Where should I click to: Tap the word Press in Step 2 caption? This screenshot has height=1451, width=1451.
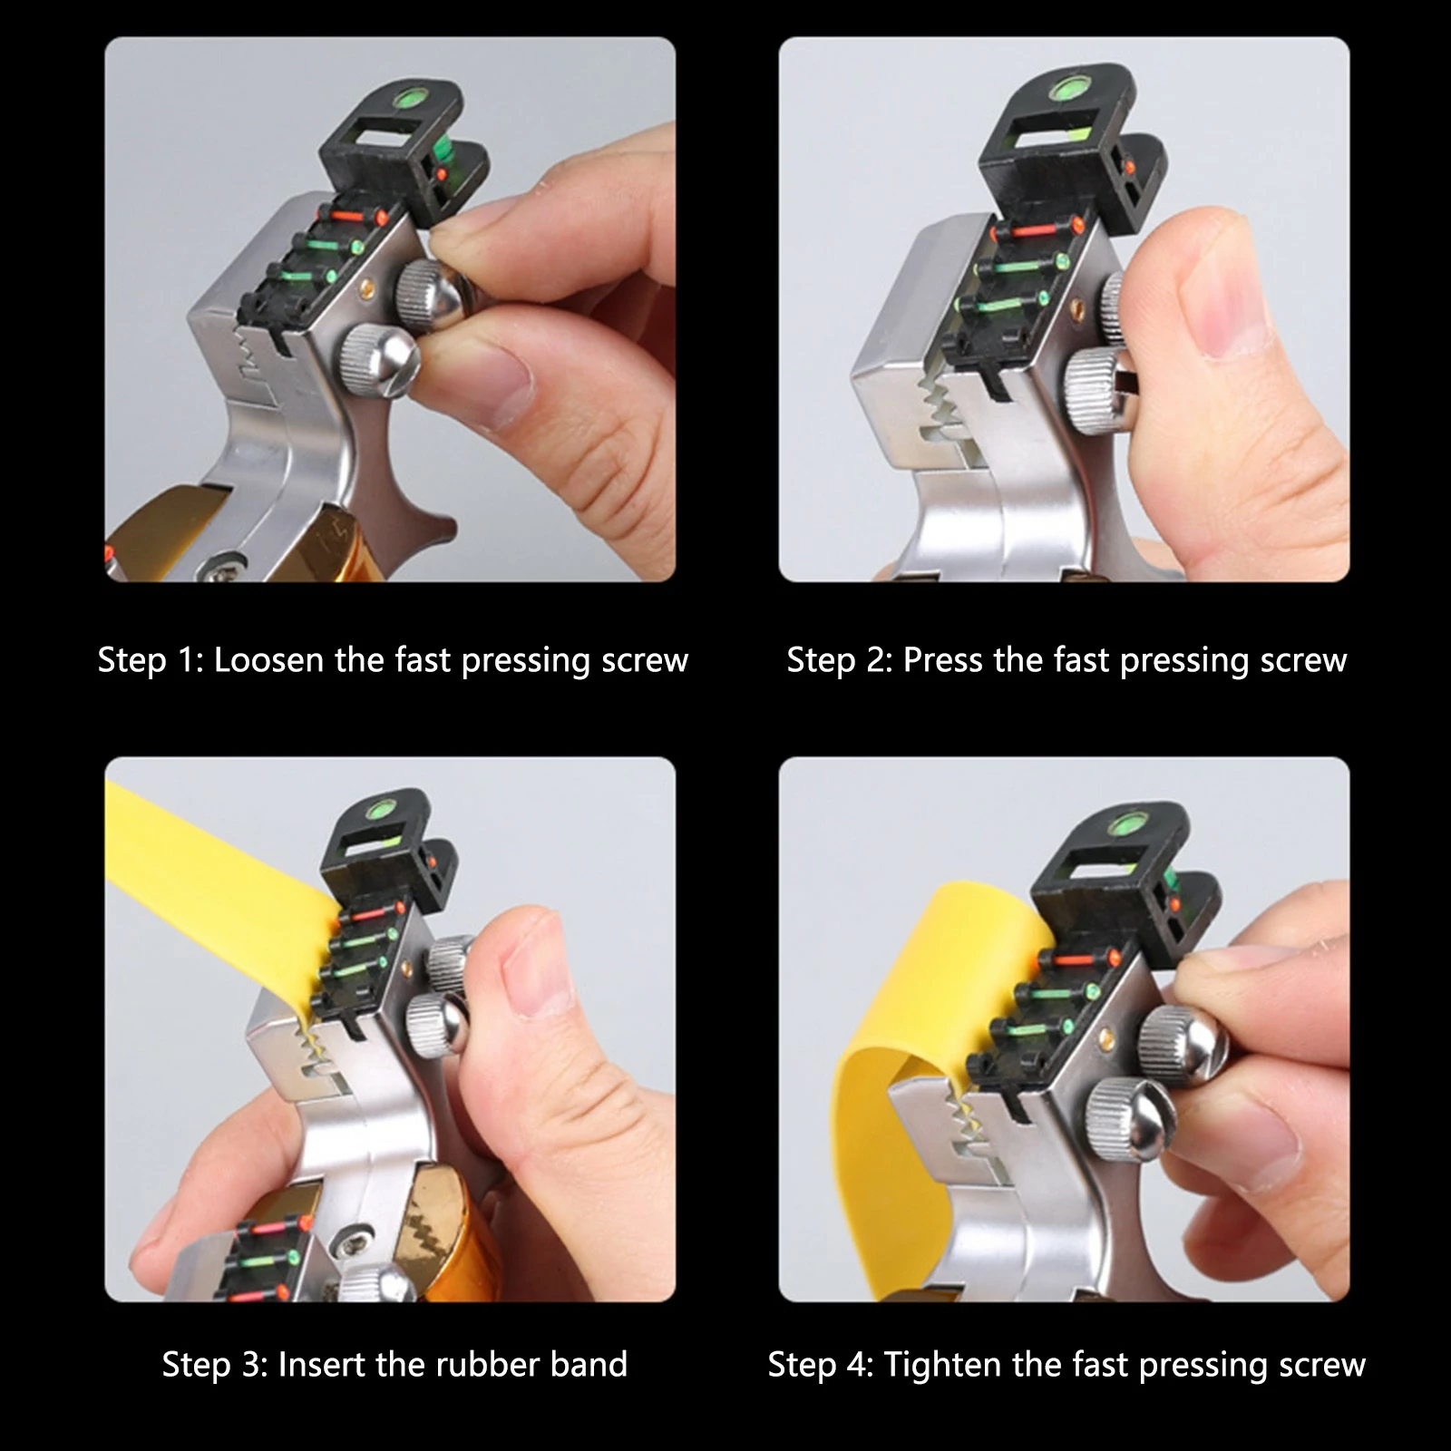point(944,660)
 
